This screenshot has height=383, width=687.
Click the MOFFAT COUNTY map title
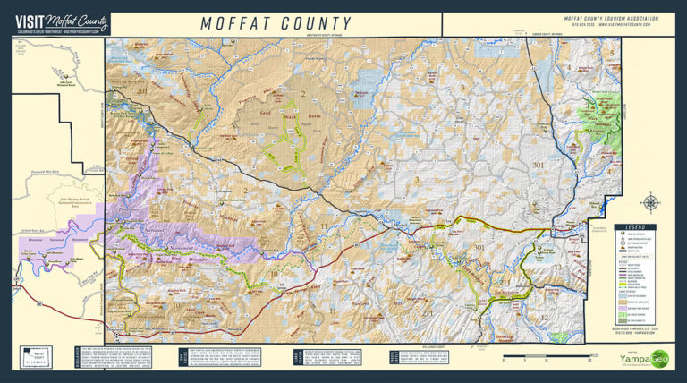tap(275, 23)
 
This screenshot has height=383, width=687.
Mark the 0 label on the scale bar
tap(504, 360)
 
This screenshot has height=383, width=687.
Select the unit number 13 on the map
tap(556, 268)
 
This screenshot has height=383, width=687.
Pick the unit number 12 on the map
tap(543, 317)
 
